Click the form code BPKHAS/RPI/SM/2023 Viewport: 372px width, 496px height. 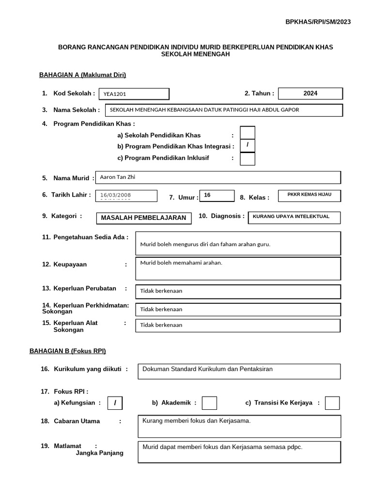tap(318, 22)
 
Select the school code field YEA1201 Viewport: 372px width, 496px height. tap(134, 94)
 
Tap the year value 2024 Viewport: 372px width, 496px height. tap(310, 93)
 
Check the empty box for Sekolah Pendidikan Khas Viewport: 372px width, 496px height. tap(248, 133)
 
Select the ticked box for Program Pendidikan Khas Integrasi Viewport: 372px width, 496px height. tap(248, 146)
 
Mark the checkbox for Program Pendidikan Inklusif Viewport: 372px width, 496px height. tap(248, 158)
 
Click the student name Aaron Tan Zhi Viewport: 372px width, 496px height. tap(218, 177)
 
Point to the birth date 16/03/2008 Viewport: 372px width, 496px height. tap(127, 195)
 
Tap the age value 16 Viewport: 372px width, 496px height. tap(217, 195)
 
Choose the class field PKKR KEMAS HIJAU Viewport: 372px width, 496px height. tap(310, 195)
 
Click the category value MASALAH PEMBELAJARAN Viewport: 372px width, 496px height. tap(143, 218)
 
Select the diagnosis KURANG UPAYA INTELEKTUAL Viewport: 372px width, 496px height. tap(294, 217)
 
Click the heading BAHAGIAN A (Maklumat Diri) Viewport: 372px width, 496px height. tap(82, 75)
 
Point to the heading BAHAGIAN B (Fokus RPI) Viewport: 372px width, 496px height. tap(68, 351)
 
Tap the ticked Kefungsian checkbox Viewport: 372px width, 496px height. tap(115, 403)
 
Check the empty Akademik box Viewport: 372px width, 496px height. tap(209, 403)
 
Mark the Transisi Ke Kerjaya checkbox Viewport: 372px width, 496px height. tap(332, 403)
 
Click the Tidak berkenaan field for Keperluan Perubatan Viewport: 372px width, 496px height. tap(238, 292)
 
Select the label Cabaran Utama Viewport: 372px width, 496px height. tap(77, 421)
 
